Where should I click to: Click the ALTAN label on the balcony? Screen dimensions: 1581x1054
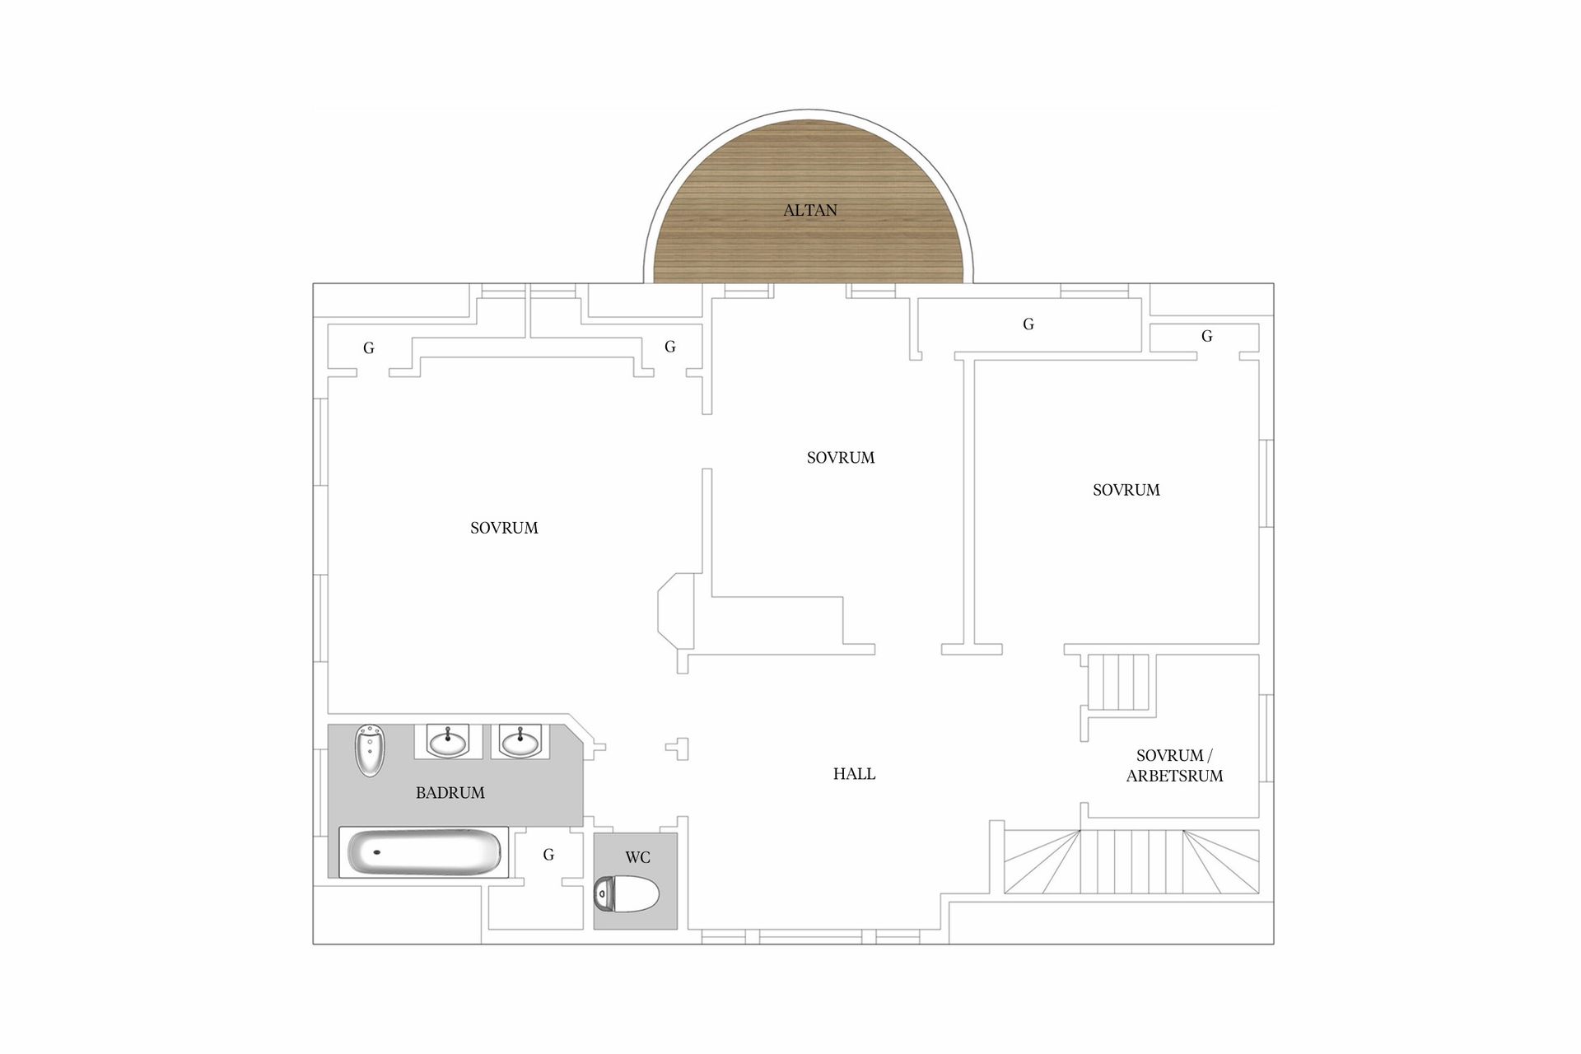809,210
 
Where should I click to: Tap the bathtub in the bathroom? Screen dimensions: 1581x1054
424,851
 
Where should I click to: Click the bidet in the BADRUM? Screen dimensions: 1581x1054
370,750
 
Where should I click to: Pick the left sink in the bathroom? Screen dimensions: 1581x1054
447,741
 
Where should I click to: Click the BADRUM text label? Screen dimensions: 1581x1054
450,793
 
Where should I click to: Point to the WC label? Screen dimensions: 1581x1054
637,857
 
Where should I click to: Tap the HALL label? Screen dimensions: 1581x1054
854,774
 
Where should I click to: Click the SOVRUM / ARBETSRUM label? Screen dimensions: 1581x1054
1174,766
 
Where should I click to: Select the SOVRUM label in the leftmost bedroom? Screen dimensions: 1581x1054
504,528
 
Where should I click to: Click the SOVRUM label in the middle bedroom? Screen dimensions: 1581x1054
841,458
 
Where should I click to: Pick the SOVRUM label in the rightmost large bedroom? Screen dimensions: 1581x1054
1126,490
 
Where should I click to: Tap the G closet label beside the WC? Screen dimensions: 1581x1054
548,855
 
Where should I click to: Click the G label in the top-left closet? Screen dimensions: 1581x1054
369,348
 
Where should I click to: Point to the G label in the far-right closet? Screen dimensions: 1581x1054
1207,336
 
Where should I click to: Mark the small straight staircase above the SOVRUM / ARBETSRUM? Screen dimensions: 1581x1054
1118,682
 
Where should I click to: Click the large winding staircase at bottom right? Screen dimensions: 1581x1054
1131,861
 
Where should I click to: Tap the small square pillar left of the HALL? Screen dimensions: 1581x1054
679,749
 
